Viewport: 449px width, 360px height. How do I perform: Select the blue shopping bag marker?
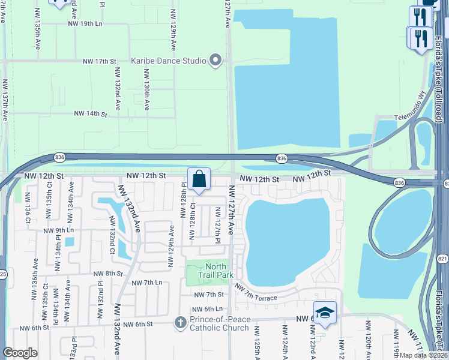coord(199,179)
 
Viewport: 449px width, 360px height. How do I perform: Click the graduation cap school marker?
coord(324,313)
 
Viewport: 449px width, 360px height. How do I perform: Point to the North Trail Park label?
coord(215,271)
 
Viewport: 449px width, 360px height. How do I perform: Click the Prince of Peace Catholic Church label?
coord(219,323)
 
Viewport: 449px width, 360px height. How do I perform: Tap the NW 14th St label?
coord(90,113)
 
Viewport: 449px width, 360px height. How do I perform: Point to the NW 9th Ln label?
coord(58,230)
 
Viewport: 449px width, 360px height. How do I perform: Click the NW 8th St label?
coord(108,273)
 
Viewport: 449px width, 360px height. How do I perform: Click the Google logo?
coord(20,353)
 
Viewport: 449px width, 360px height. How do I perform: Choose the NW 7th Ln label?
coord(147,283)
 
